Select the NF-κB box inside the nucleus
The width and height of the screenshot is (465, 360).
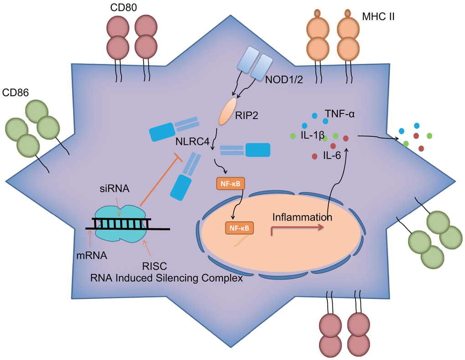click(239, 227)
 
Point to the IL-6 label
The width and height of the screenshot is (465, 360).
click(333, 156)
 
